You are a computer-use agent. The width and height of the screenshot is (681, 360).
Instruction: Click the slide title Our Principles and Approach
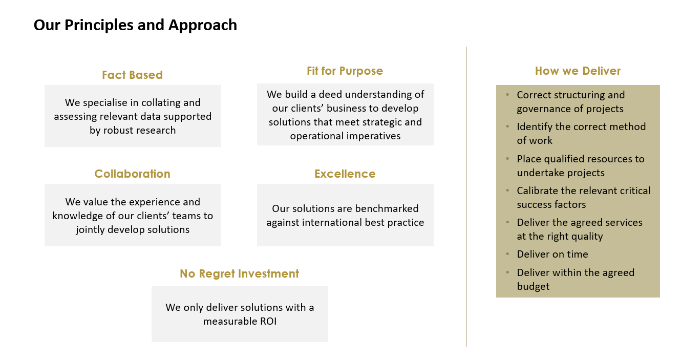pos(135,25)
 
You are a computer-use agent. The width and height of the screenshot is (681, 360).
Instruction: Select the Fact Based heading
pos(132,75)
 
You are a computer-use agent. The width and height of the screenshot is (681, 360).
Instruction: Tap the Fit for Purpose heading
pos(345,71)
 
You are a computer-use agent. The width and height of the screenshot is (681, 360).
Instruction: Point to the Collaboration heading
pos(132,174)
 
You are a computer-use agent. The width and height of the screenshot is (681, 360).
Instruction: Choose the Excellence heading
pos(345,174)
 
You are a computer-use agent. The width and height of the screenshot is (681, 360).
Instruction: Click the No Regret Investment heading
pos(240,273)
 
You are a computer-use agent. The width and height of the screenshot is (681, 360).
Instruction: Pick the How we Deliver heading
pos(578,71)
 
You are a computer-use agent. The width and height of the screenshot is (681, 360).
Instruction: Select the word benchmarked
pos(387,208)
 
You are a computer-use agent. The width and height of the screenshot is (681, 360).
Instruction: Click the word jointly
pos(90,230)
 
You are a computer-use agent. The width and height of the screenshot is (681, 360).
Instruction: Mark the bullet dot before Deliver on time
pos(507,253)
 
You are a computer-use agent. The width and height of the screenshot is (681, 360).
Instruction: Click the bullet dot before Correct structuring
pos(507,94)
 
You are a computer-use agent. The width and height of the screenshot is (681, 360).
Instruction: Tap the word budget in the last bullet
pos(533,286)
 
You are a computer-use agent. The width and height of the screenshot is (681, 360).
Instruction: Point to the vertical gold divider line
pos(466,197)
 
